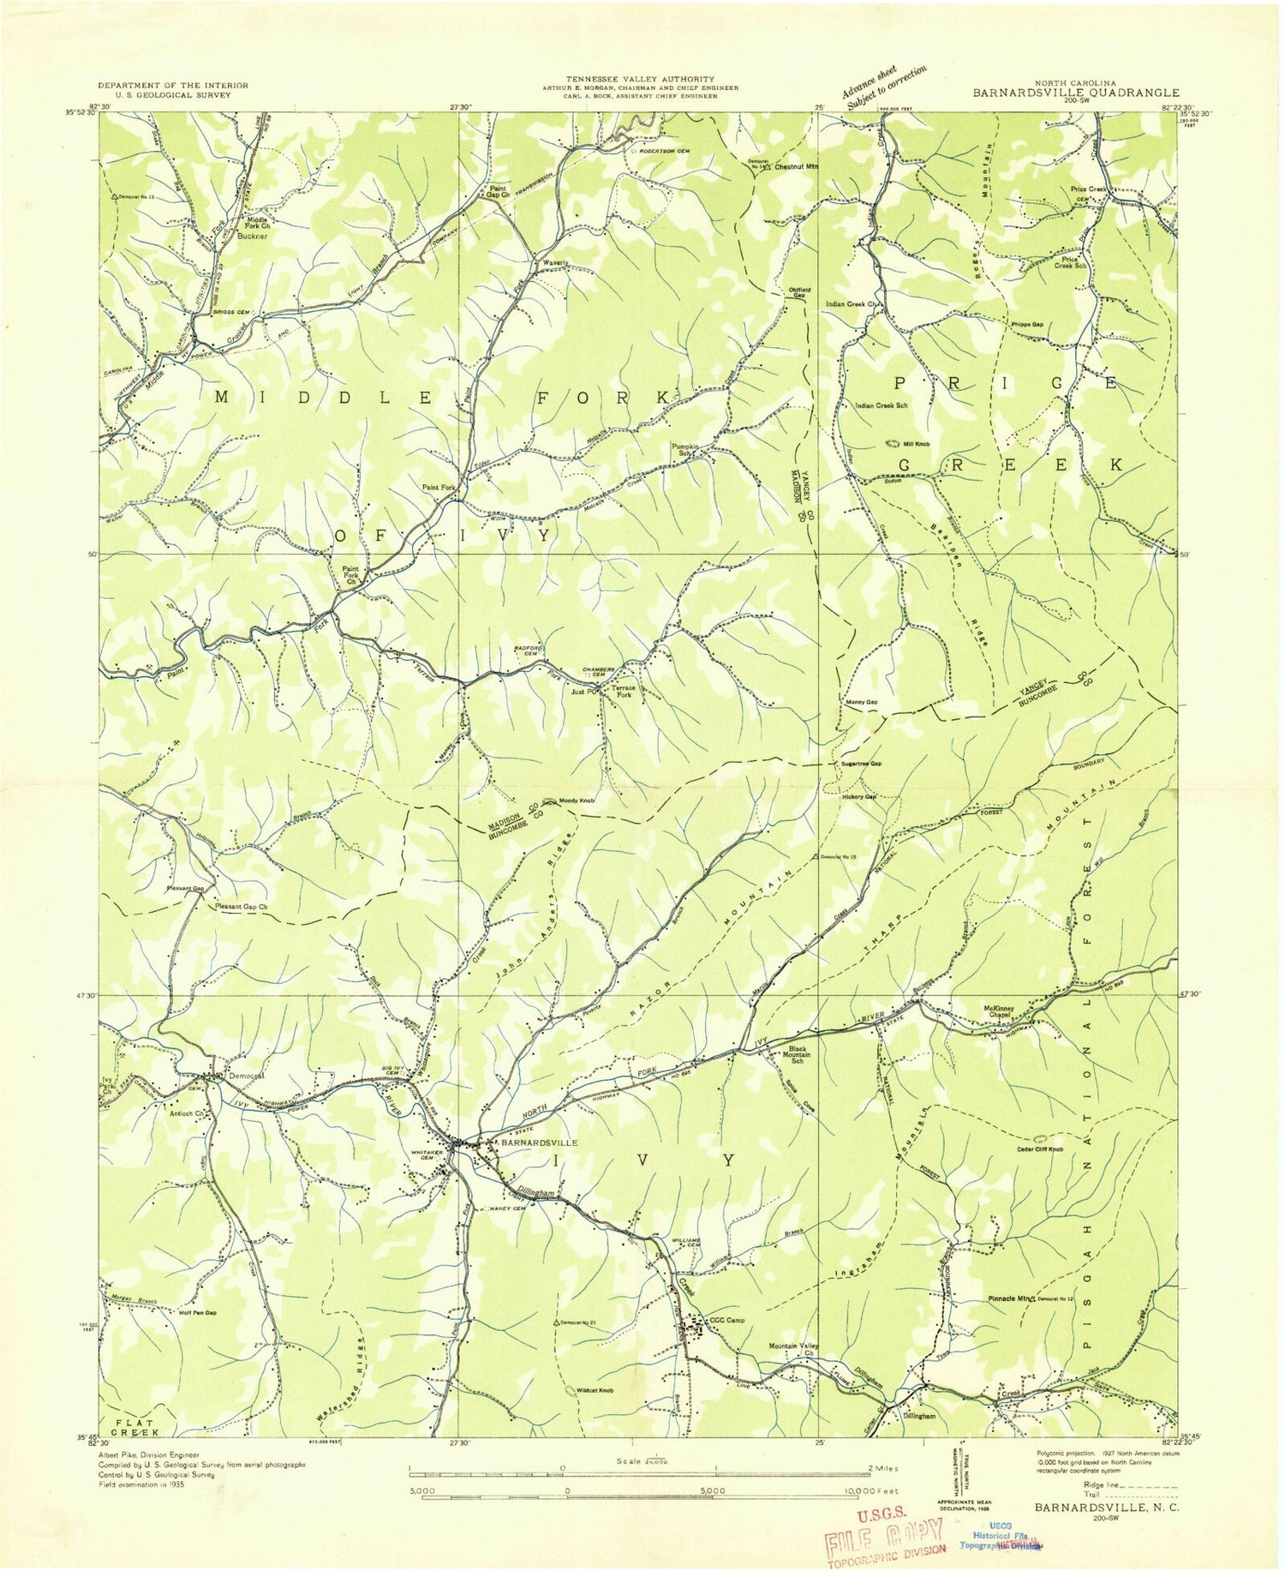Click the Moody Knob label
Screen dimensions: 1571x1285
point(577,801)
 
